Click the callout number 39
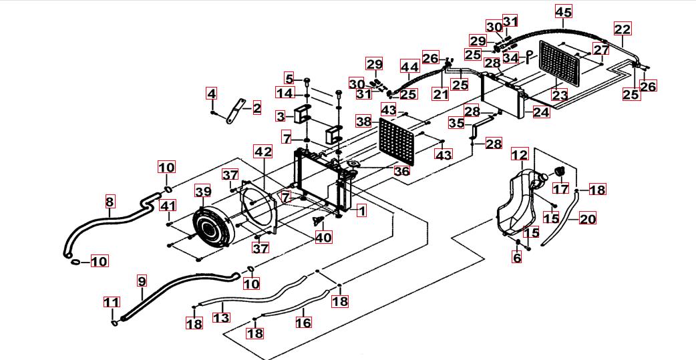pyautogui.click(x=202, y=192)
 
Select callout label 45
pyautogui.click(x=564, y=12)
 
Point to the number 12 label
pyautogui.click(x=520, y=156)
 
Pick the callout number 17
pyautogui.click(x=561, y=189)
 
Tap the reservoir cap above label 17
pyautogui.click(x=559, y=172)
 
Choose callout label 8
pyautogui.click(x=110, y=201)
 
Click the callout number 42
pyautogui.click(x=263, y=152)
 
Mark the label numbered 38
pyautogui.click(x=363, y=122)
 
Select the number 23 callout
pyautogui.click(x=559, y=96)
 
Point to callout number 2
pyautogui.click(x=256, y=107)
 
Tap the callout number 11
pyautogui.click(x=112, y=303)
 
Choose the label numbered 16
pyautogui.click(x=303, y=323)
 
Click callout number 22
pyautogui.click(x=622, y=29)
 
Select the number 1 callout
pyautogui.click(x=361, y=211)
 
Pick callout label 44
pyautogui.click(x=409, y=67)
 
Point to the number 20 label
pyautogui.click(x=588, y=218)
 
